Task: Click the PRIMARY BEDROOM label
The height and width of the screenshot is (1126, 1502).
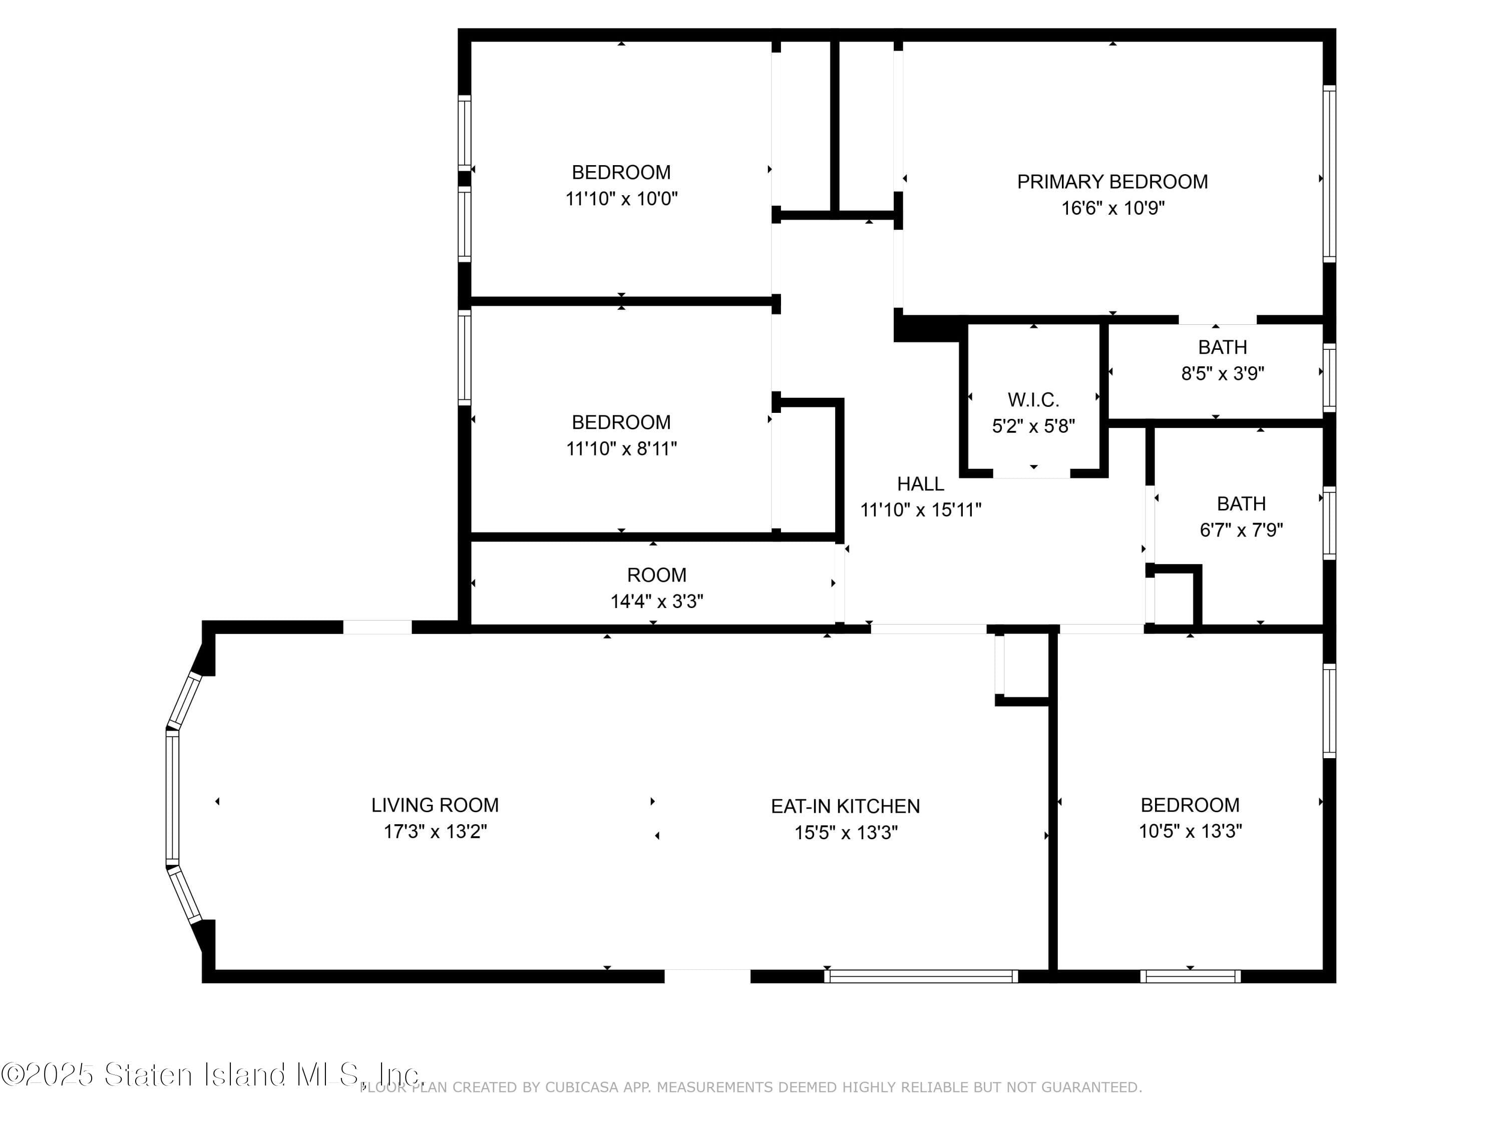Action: (1112, 182)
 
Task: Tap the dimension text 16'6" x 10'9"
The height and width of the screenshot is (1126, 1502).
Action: (1113, 208)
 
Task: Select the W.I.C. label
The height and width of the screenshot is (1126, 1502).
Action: (1033, 400)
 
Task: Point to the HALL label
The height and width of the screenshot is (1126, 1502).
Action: (921, 484)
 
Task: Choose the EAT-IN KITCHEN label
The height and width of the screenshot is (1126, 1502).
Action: (846, 806)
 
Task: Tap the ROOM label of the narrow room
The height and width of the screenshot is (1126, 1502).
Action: (656, 575)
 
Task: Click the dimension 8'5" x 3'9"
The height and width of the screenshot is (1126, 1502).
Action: (1222, 373)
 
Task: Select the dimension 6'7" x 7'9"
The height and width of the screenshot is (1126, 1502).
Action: (1241, 529)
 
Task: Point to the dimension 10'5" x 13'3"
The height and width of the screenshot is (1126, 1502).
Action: (1190, 831)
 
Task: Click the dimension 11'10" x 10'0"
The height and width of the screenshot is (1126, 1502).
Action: (621, 199)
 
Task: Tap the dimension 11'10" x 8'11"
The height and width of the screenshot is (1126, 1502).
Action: (621, 448)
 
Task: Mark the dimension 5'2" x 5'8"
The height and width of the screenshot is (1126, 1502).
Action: (1033, 426)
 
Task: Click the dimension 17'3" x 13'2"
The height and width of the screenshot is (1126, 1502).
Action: (435, 831)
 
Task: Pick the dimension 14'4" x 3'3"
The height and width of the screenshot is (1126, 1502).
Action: (656, 602)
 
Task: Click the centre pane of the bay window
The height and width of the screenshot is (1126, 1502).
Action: (172, 798)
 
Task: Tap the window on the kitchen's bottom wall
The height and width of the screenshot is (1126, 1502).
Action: (921, 976)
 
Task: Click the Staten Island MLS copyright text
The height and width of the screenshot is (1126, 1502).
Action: (212, 1074)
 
